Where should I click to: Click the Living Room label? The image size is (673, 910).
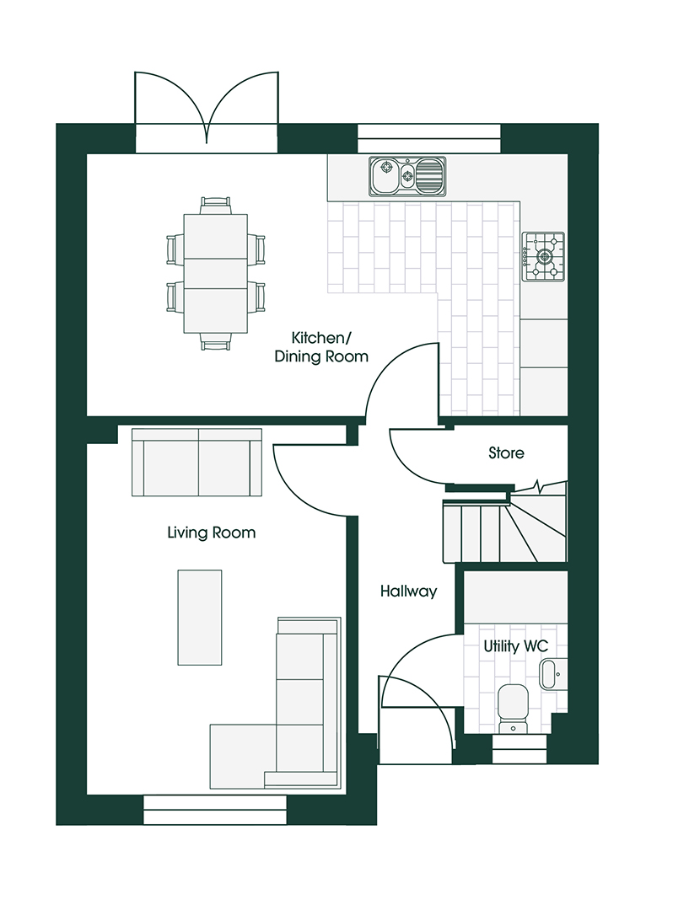(x=212, y=533)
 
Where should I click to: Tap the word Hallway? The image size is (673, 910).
(x=408, y=591)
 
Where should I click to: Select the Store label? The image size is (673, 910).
(x=506, y=452)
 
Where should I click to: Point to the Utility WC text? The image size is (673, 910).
(x=515, y=646)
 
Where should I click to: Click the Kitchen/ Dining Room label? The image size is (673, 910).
(x=321, y=347)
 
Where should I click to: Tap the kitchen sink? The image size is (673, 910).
(x=407, y=176)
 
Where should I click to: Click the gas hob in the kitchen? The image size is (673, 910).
(x=543, y=256)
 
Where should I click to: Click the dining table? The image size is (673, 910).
(x=215, y=274)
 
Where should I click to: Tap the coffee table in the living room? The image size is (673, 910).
(x=200, y=618)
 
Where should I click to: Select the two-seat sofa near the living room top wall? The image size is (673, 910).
(x=197, y=463)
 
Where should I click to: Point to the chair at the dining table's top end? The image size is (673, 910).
(x=215, y=206)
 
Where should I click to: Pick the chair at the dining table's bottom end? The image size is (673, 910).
(x=215, y=342)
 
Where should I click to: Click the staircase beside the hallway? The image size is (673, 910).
(x=504, y=525)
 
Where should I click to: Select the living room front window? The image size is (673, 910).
(x=215, y=811)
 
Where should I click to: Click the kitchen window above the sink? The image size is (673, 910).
(x=429, y=139)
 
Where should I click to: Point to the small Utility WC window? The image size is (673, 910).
(x=520, y=750)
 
